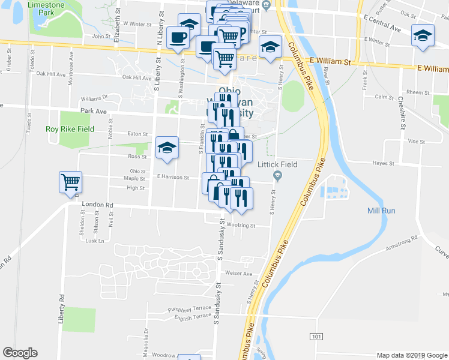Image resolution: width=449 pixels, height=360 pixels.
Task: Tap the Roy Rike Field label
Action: click(70, 129)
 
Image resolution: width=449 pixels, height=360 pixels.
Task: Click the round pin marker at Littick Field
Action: click(277, 175)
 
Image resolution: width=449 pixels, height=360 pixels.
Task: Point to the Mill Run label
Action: click(381, 211)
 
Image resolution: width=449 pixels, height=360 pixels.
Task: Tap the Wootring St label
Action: click(241, 226)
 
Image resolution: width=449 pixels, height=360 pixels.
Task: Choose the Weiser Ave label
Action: click(238, 273)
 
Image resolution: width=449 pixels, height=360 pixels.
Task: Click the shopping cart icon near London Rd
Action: click(70, 181)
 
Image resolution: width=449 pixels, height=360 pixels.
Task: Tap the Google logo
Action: click(20, 353)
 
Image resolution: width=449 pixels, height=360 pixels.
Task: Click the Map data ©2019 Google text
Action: click(411, 355)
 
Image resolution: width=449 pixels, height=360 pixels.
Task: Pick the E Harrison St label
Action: click(173, 178)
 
